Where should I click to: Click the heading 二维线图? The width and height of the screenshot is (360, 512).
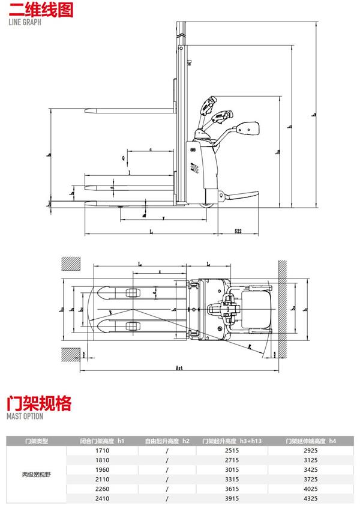point(40,11)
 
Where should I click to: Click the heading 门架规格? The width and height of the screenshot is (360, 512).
point(40,402)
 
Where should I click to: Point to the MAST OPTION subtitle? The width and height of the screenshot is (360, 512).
point(25,415)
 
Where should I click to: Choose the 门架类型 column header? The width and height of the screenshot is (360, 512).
point(37,441)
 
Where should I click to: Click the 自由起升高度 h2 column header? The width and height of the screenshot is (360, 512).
point(166,441)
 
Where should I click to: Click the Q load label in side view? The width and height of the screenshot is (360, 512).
point(123,158)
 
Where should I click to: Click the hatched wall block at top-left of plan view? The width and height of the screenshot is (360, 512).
point(70,264)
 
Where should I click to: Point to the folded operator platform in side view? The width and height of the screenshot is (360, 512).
point(238,196)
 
